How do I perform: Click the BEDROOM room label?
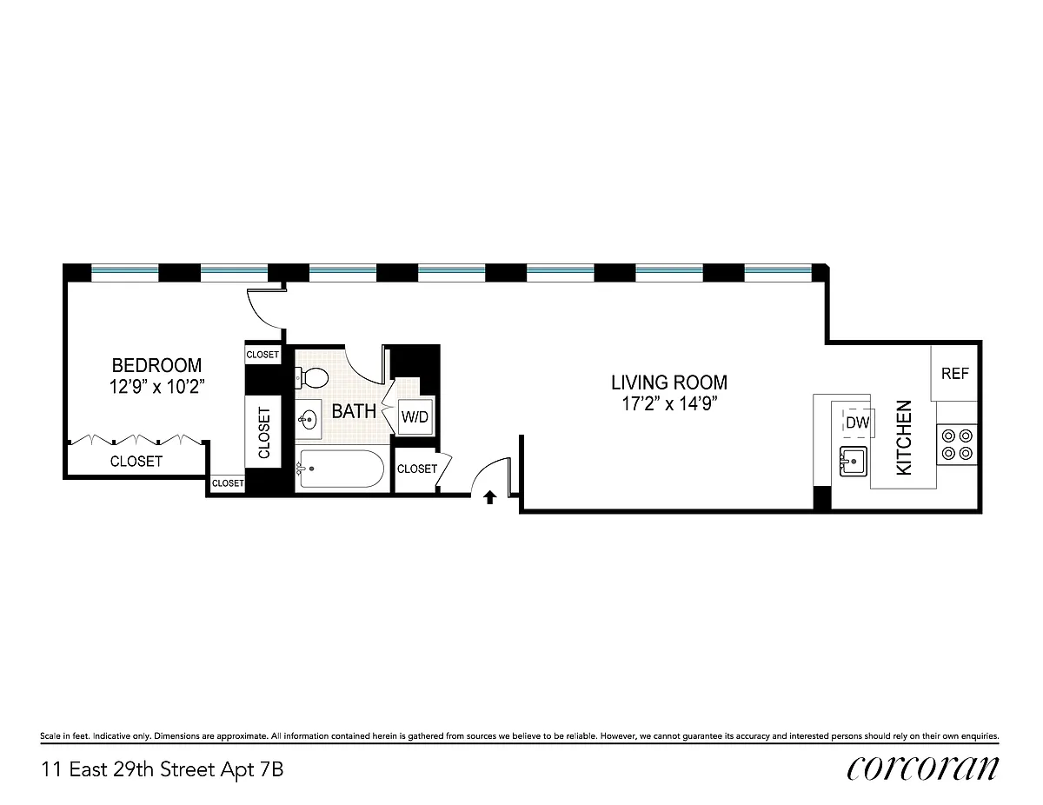[x=156, y=365]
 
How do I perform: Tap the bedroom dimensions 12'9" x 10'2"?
[x=157, y=387]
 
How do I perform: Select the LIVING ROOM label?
[x=669, y=383]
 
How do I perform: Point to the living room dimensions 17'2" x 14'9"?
[x=669, y=403]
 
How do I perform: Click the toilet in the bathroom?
[x=311, y=378]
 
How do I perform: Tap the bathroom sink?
[x=309, y=420]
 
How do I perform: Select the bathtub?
[x=340, y=469]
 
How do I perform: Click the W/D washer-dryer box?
[x=415, y=416]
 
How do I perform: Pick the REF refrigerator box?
[x=954, y=374]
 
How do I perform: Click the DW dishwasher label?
[x=857, y=422]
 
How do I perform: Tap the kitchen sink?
[x=853, y=462]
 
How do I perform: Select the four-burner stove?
[x=957, y=444]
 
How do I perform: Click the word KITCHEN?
[x=904, y=438]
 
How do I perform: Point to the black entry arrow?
[x=489, y=497]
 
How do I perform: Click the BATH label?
[x=354, y=411]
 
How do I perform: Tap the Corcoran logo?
[x=922, y=769]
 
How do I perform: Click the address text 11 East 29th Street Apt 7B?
[x=163, y=770]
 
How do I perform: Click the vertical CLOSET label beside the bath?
[x=264, y=433]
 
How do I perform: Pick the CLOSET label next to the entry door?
[x=417, y=469]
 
